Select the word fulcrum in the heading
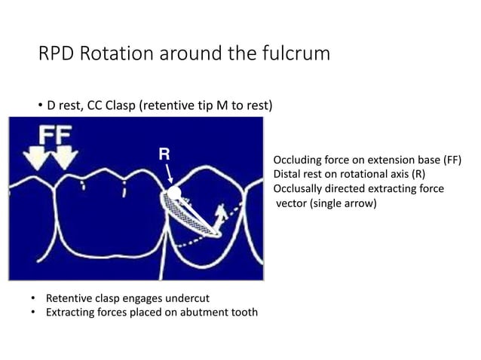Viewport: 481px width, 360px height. (295, 54)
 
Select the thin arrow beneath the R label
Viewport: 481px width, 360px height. (170, 173)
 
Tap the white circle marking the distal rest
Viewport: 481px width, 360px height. (173, 193)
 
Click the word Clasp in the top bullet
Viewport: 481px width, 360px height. (121, 105)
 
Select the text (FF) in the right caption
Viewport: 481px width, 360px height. (449, 161)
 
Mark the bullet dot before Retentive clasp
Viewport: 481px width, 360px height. (35, 299)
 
